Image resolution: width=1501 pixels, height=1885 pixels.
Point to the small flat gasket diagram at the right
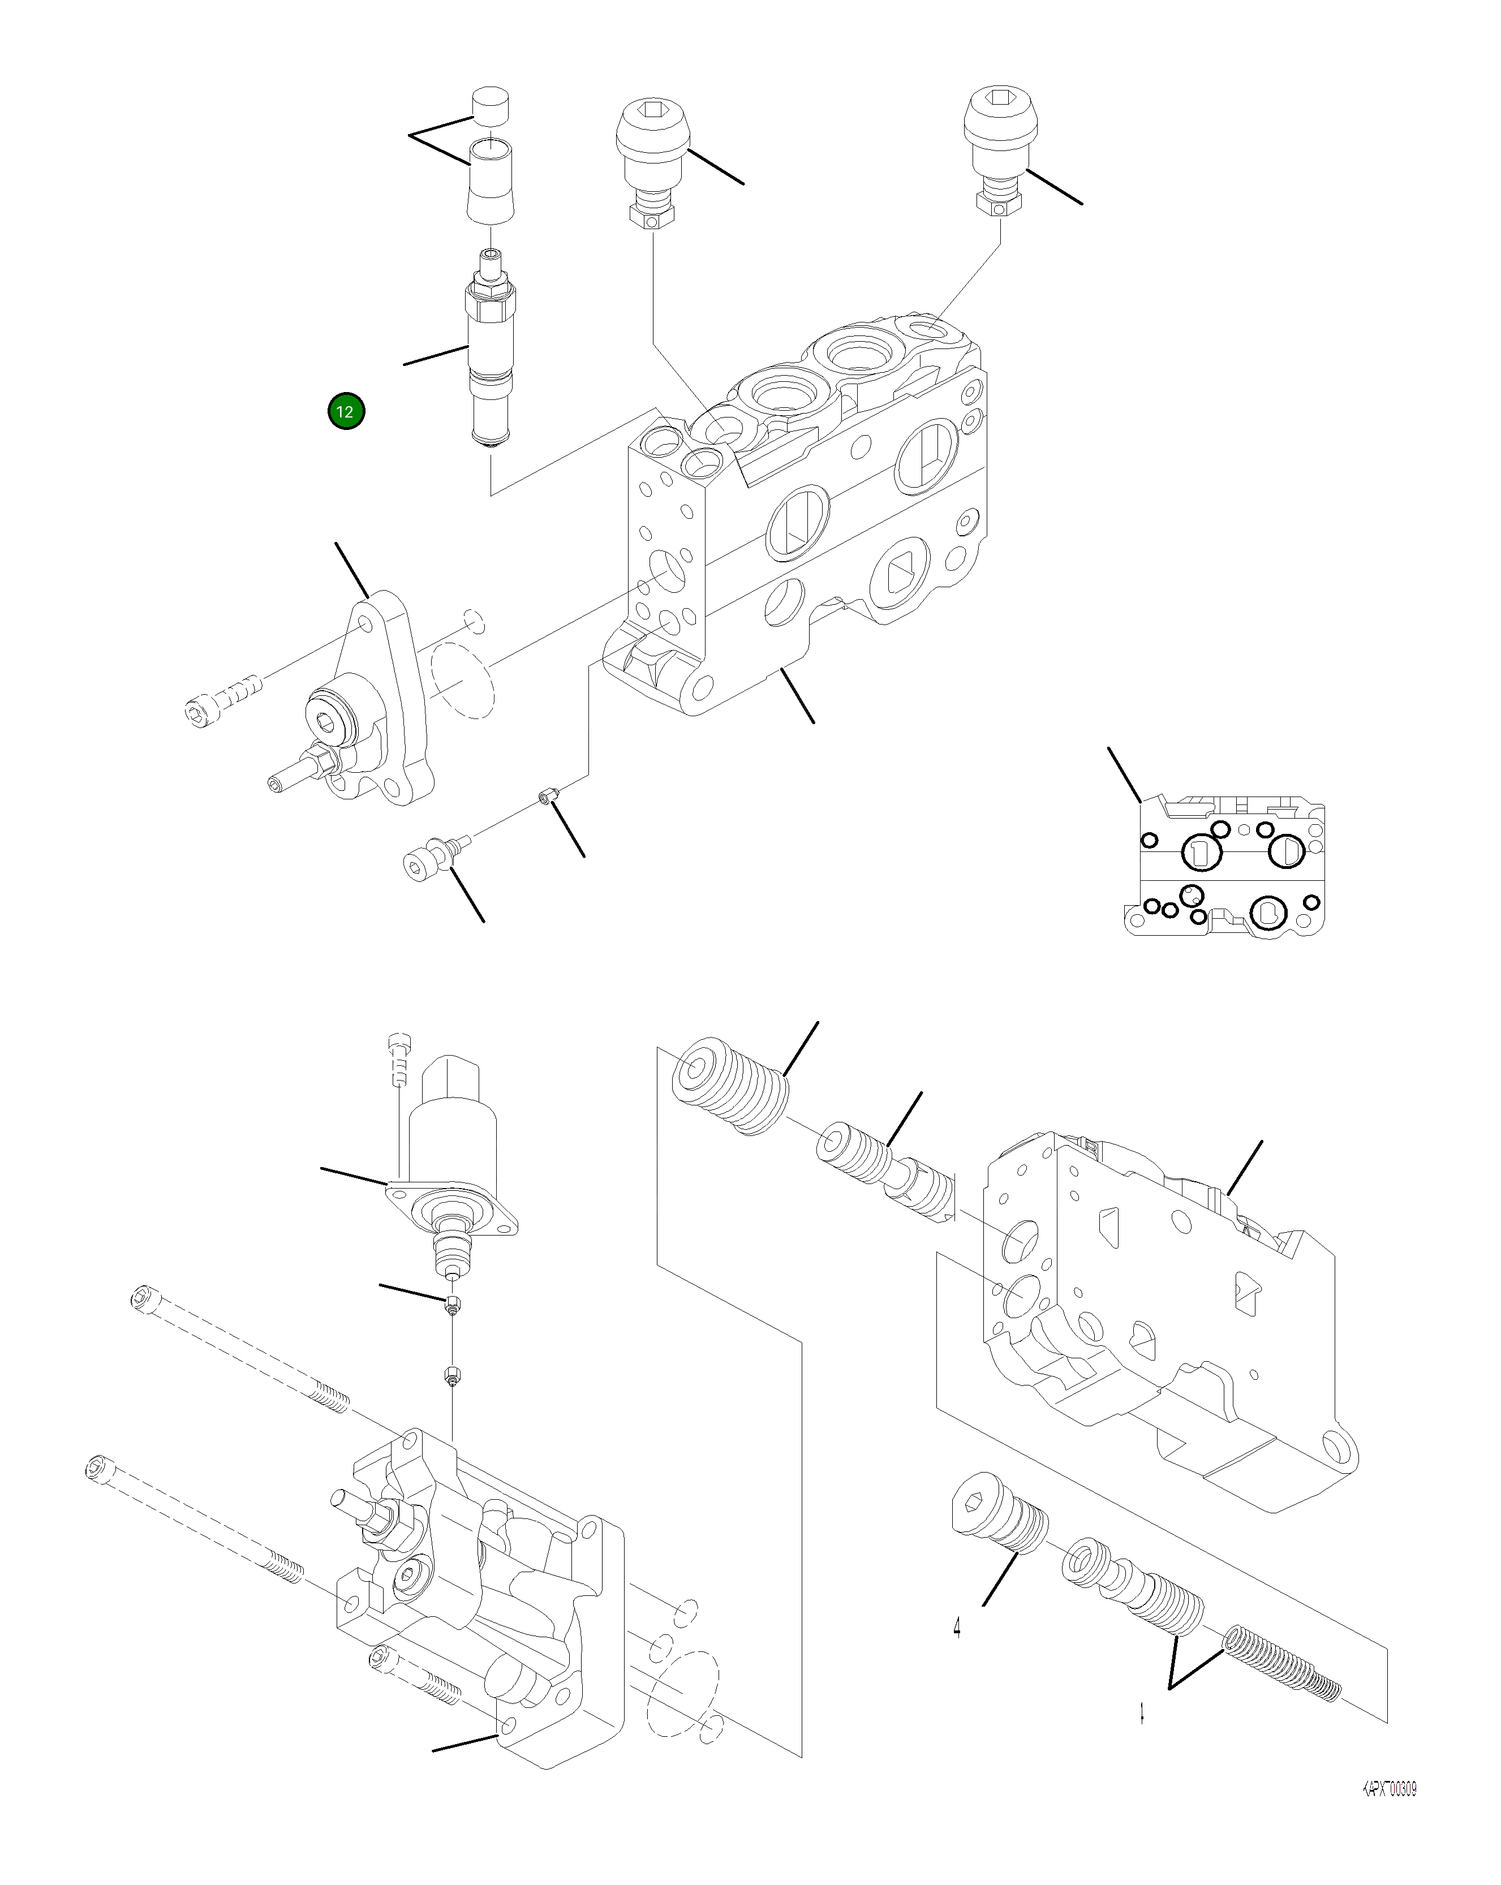[x=1224, y=866]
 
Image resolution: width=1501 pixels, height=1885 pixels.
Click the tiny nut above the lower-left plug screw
[x=548, y=797]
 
